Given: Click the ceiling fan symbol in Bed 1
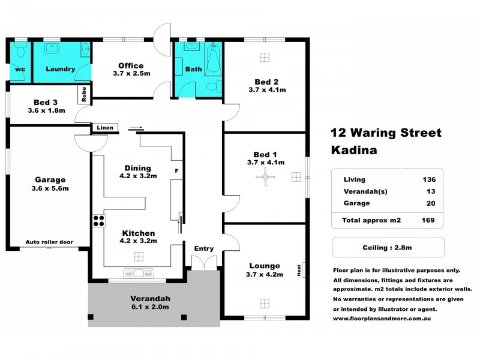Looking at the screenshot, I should (265, 176).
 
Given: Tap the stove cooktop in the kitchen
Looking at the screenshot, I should (98, 220).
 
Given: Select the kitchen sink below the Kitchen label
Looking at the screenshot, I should (139, 274).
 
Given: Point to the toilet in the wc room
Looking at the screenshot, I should (20, 48).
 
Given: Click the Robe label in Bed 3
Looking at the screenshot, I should (83, 95).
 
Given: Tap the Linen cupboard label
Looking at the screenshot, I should (103, 128).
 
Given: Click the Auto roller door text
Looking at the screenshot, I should (49, 242).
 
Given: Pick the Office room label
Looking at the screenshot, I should (130, 65).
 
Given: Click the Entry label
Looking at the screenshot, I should (203, 248).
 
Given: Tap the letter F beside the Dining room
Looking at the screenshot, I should (176, 171).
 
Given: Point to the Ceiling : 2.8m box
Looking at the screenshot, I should (388, 247).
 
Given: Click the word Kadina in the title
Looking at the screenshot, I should (354, 151).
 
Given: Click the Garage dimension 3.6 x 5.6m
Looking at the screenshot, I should (49, 188).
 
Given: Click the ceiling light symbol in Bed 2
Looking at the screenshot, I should (265, 57).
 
